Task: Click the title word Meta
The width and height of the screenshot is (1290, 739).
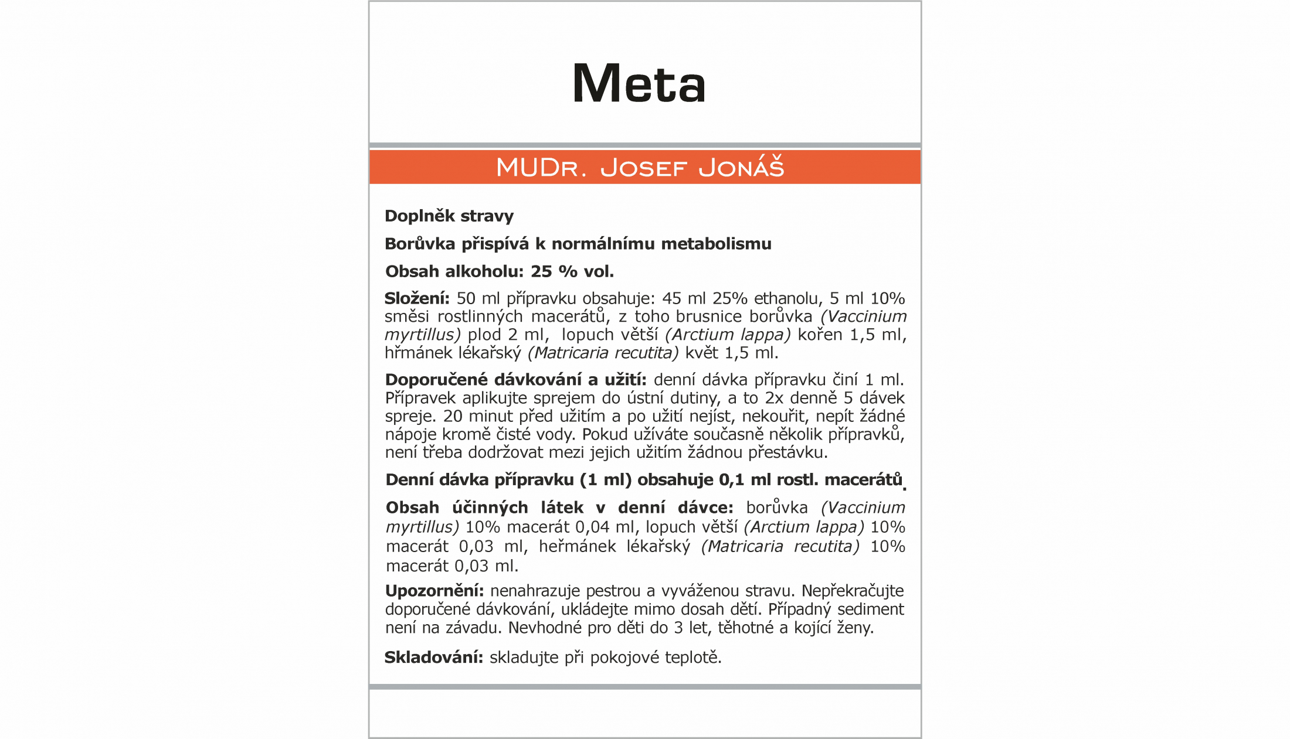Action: point(639,83)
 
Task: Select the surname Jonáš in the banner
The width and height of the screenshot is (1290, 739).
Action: point(741,168)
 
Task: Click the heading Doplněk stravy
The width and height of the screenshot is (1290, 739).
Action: point(449,216)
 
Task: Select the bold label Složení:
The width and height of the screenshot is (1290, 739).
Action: point(417,299)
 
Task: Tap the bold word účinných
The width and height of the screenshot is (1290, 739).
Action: point(490,508)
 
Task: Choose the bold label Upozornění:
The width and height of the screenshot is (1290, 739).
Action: point(434,591)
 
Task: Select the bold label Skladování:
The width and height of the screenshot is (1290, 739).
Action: point(433,658)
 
